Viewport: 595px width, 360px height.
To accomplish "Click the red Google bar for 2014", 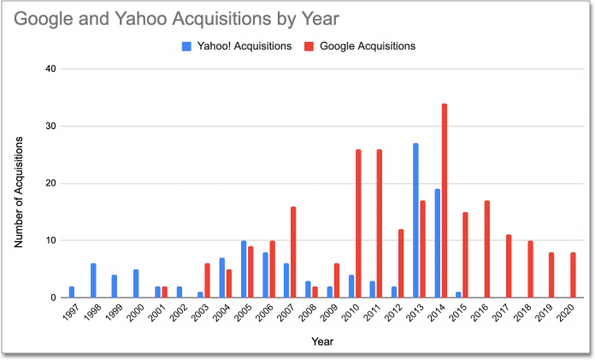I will (445, 201).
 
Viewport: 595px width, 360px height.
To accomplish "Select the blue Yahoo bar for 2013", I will (416, 221).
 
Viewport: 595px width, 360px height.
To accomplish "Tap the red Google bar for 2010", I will (358, 223).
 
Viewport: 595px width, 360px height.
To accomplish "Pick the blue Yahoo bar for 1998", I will (93, 280).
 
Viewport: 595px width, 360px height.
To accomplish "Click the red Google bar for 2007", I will (294, 252).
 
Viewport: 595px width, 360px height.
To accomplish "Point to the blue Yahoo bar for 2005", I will (244, 269).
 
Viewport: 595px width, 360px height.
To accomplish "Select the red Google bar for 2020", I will (574, 275).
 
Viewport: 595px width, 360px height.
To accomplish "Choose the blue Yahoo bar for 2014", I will (437, 244).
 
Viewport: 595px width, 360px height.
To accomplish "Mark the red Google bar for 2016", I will (487, 250).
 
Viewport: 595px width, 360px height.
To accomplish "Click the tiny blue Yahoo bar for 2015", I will (458, 295).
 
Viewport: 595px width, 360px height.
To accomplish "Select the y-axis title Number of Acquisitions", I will (18, 183).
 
